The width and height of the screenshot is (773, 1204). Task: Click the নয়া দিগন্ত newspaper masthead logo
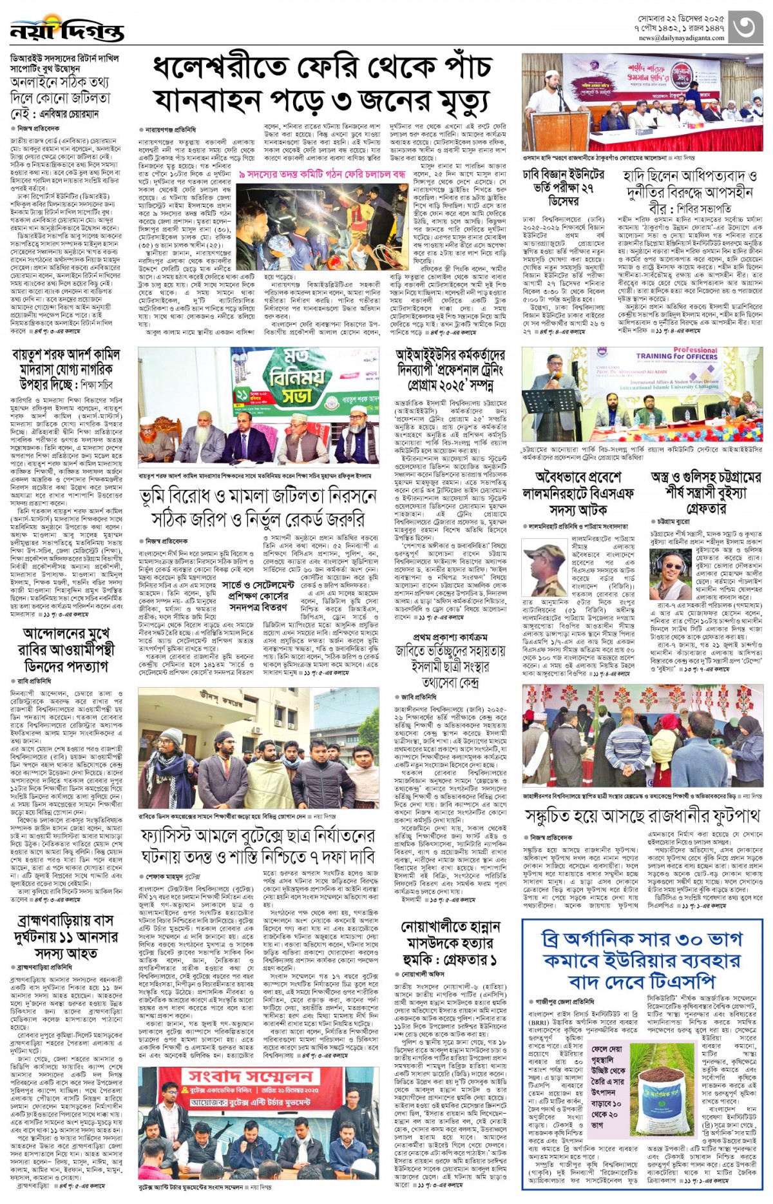point(66,30)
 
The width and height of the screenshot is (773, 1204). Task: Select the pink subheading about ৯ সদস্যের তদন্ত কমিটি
point(322,175)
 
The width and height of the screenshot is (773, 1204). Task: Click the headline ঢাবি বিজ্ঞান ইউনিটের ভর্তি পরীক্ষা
point(563,186)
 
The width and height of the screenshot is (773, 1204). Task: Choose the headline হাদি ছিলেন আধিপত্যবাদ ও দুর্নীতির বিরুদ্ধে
point(690,191)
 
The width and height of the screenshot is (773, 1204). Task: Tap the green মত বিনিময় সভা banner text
point(296,377)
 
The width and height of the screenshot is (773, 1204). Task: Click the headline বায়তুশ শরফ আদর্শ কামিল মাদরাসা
point(66,370)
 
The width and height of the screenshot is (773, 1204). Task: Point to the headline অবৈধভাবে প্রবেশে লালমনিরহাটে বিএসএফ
point(578,493)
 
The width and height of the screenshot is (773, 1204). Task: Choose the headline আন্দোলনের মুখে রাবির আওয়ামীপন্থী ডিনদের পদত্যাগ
point(66,649)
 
